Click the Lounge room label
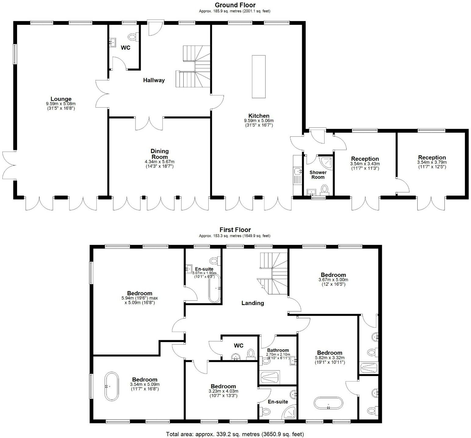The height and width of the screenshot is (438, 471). (61, 99)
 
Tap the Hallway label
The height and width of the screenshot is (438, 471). (154, 80)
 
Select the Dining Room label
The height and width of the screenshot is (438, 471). (160, 153)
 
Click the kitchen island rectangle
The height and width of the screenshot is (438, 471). (259, 76)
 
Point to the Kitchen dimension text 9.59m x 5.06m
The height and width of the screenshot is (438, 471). (259, 121)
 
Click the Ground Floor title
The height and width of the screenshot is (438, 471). (235, 5)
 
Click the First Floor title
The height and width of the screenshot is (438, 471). (235, 230)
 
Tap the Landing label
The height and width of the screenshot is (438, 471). (253, 303)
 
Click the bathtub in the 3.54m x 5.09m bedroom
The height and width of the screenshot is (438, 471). (111, 386)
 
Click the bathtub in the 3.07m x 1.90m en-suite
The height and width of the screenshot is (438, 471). (214, 288)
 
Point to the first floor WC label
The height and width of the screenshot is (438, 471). (239, 346)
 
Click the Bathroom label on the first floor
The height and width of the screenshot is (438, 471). (278, 350)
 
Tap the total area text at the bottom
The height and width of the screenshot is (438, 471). (235, 434)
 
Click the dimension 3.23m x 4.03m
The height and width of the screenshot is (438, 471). (223, 391)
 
